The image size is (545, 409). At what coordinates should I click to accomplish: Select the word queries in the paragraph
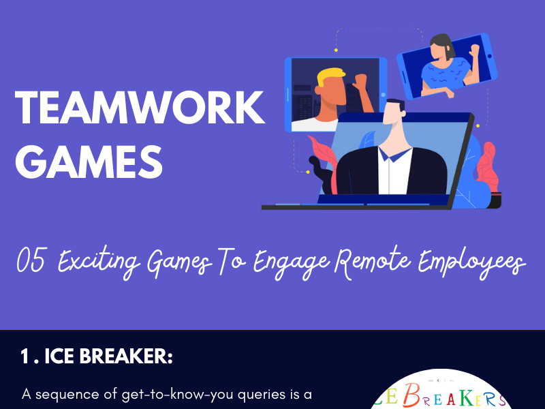pyautogui.click(x=262, y=394)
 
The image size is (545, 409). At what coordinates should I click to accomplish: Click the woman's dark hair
pyautogui.click(x=440, y=42)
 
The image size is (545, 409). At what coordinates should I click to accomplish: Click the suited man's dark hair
pyautogui.click(x=395, y=108)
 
